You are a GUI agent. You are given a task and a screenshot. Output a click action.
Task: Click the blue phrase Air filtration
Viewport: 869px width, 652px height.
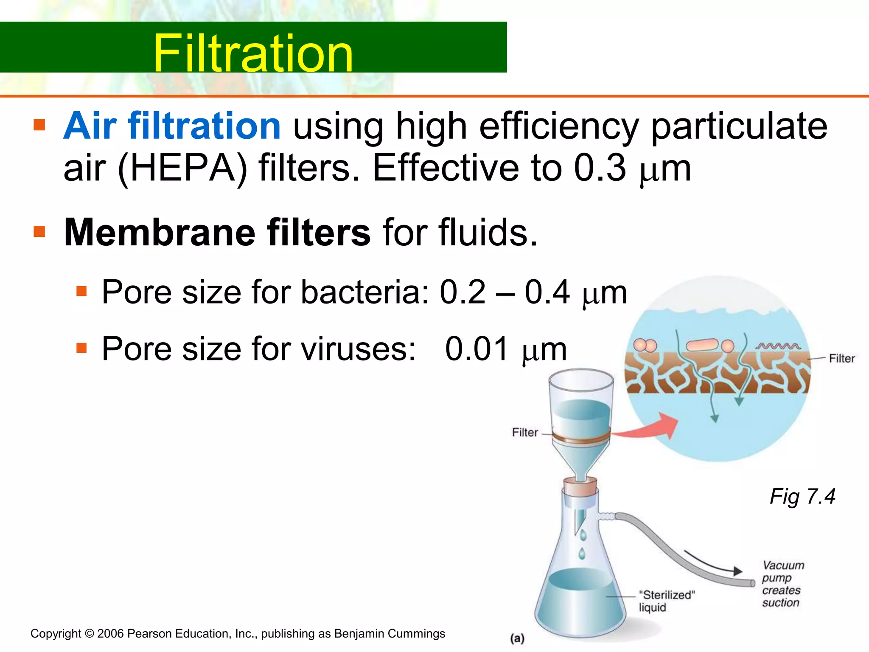tap(172, 126)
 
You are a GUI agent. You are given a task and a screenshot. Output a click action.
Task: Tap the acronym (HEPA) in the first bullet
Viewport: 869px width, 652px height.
tap(182, 168)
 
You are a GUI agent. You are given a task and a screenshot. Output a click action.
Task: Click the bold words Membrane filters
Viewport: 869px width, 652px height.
tap(217, 232)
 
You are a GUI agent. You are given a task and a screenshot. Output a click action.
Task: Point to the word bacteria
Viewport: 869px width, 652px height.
tap(365, 292)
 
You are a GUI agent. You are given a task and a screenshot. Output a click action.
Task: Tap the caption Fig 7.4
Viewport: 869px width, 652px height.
tap(802, 496)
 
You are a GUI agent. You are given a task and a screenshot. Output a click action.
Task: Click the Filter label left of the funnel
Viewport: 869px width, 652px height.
tap(525, 433)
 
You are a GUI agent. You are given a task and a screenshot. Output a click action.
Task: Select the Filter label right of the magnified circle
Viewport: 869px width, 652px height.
tap(842, 359)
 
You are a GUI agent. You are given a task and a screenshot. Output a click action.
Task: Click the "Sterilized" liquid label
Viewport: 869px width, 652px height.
tap(667, 601)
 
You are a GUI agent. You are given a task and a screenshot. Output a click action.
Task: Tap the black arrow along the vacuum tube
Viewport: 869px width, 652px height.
tap(713, 563)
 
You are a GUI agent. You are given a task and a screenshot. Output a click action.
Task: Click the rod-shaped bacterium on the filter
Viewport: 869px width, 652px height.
tap(702, 345)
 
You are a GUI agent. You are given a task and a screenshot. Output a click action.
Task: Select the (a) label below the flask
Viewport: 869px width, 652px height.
tap(517, 638)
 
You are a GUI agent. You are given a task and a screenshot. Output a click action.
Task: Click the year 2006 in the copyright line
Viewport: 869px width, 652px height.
tap(110, 634)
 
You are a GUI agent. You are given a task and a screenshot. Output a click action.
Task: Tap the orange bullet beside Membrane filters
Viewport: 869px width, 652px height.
tap(39, 232)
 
